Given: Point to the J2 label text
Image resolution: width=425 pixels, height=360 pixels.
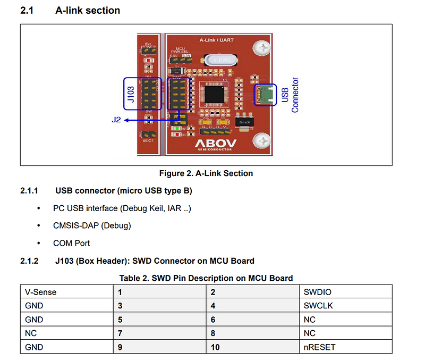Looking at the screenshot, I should (116, 120).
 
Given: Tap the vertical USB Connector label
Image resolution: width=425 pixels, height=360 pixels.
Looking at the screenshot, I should (290, 95).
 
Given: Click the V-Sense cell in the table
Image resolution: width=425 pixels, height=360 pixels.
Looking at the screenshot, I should (40, 292).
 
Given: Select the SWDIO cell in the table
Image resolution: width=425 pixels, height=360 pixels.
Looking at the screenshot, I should (318, 292).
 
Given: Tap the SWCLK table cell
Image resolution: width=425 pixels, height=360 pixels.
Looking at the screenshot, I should (318, 306).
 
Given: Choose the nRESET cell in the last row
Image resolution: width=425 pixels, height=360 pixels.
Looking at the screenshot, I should (319, 347).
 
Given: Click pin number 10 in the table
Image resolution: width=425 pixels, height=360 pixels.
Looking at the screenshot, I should (215, 347).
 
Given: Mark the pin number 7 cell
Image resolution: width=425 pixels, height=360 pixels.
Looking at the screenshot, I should (121, 333).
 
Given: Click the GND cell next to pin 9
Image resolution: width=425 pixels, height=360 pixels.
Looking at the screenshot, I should (34, 347).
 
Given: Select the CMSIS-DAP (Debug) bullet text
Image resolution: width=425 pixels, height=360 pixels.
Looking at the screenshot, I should (91, 225).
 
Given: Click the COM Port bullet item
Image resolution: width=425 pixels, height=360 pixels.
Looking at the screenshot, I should (71, 243).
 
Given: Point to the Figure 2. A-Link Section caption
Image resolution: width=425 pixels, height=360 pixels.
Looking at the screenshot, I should (206, 173).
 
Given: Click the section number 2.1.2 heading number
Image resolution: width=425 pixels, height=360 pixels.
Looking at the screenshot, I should (30, 261).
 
